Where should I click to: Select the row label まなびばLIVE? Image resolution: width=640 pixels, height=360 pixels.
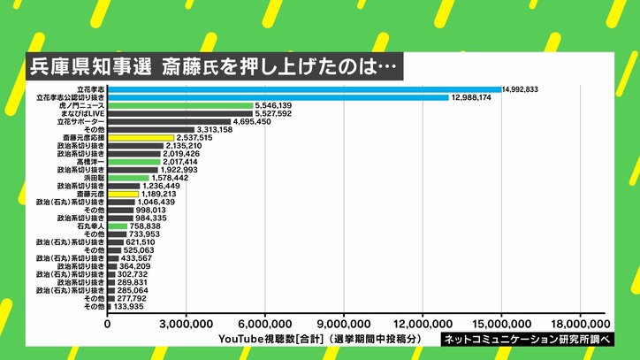coord(83,113)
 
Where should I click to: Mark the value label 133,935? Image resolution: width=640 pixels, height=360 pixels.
coord(131,305)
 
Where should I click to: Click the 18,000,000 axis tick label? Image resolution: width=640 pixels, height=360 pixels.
coord(580,325)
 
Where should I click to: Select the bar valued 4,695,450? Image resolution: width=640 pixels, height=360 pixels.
coord(168,121)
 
